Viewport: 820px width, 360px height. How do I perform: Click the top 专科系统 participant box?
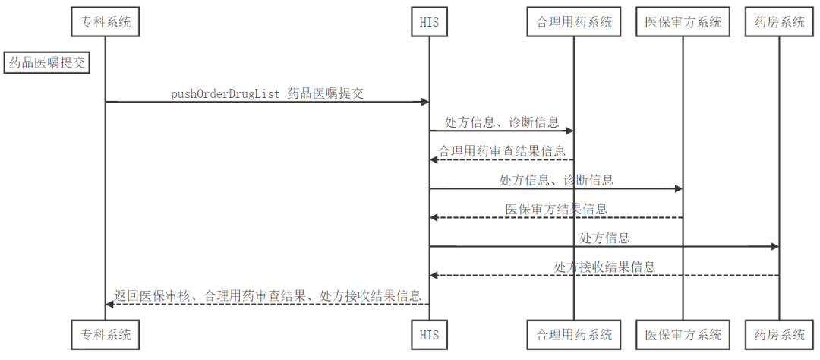[106, 22]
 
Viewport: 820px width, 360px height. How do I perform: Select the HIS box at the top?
[429, 22]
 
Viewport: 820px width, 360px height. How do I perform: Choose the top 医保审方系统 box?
[683, 22]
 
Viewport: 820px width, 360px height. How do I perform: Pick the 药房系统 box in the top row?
[779, 22]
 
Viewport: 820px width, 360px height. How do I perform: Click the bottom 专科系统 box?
[106, 333]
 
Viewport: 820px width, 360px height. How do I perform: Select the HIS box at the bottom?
[429, 333]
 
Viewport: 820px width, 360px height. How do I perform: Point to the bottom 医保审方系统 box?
[683, 333]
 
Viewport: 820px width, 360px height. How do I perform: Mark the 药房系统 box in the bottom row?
[779, 333]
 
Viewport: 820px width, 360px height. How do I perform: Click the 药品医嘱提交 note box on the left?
[46, 63]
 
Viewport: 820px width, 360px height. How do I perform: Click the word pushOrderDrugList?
[226, 93]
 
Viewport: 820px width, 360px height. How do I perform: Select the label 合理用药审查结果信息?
[502, 151]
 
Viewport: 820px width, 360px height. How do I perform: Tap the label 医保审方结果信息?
[556, 209]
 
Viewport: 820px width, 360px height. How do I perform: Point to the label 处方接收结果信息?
[604, 267]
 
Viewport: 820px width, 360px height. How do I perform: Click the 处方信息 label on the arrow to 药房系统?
[604, 238]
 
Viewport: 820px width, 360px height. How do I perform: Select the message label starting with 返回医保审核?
[267, 295]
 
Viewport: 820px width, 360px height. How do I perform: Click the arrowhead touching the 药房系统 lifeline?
[774, 246]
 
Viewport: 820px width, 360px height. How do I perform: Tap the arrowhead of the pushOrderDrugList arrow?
[424, 102]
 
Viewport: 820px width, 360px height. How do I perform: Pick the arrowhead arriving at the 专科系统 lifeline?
[110, 304]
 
